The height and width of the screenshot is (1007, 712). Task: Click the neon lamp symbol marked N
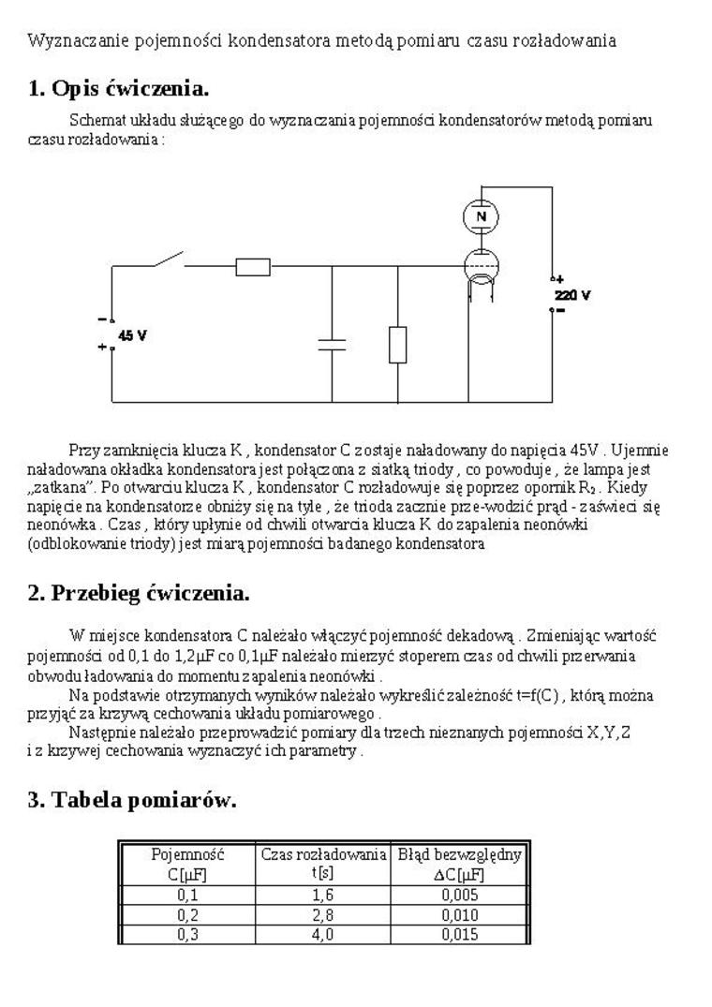point(482,217)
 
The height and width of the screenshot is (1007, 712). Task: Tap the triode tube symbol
point(482,269)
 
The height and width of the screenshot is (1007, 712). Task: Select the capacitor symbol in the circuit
point(332,344)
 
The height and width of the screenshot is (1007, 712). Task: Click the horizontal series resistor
point(253,267)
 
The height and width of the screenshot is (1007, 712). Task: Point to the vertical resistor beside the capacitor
point(398,344)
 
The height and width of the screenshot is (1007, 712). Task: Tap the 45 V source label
point(132,334)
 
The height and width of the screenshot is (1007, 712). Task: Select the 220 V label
point(572,294)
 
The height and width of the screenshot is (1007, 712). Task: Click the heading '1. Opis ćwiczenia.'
point(118,89)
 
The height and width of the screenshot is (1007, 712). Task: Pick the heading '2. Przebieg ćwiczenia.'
point(138,593)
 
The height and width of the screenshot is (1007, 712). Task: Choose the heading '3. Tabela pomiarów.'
point(131,800)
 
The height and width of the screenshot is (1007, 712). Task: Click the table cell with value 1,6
point(322,895)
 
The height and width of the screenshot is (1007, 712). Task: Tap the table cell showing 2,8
point(322,914)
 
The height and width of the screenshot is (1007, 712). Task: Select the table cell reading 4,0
point(322,934)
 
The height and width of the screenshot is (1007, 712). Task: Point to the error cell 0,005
point(459,895)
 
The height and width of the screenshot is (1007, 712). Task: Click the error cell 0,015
point(459,934)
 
